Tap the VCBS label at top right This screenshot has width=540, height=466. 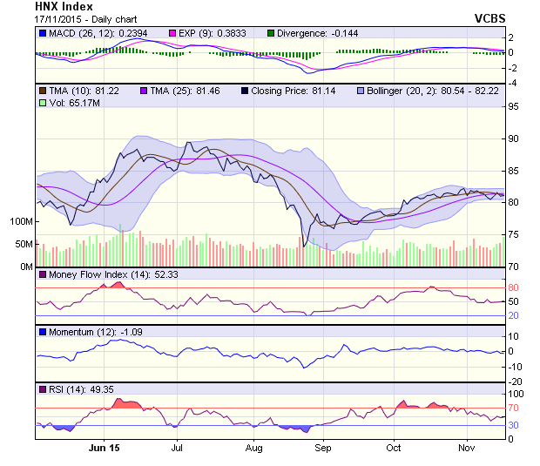pyautogui.click(x=489, y=18)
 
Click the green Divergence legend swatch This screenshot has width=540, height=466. pyautogui.click(x=271, y=33)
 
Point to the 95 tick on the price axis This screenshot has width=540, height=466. pyautogui.click(x=514, y=107)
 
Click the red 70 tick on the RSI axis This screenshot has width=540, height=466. pyautogui.click(x=514, y=407)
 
